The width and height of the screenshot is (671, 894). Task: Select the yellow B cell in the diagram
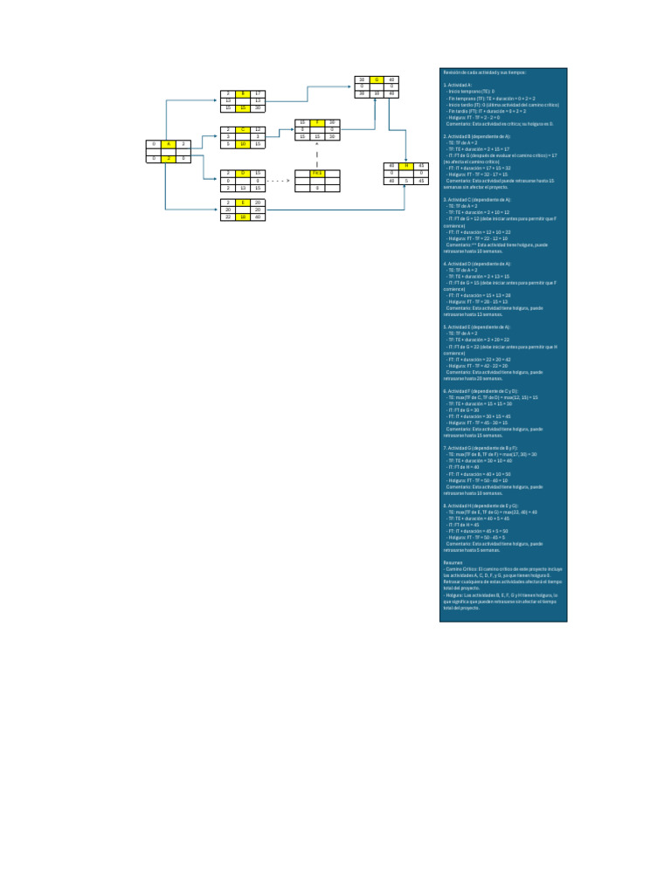click(x=244, y=93)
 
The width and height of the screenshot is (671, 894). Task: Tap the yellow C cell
click(x=244, y=129)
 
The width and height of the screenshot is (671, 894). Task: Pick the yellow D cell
click(x=244, y=173)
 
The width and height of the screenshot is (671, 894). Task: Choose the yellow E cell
click(x=244, y=202)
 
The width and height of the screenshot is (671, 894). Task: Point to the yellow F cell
click(x=318, y=123)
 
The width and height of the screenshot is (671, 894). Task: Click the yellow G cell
click(x=377, y=79)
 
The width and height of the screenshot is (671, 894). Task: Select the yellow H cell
click(x=406, y=165)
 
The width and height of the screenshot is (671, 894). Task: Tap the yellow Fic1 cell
click(x=317, y=173)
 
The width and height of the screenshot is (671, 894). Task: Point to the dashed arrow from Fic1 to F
click(x=317, y=155)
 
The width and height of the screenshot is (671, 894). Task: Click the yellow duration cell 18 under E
click(x=244, y=217)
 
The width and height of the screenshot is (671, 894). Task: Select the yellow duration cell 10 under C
click(x=244, y=143)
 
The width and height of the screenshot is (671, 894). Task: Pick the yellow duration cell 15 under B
click(x=244, y=107)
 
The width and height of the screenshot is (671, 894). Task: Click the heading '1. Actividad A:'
click(x=459, y=85)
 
